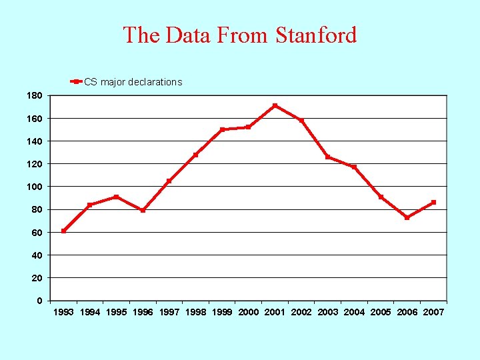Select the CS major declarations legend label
coord(133,82)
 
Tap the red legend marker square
coord(77,82)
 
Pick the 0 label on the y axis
coord(39,301)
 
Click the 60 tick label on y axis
coord(37,233)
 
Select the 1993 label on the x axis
coord(63,312)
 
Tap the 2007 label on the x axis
coord(433,312)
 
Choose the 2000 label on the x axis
coord(248,312)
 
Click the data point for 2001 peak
coord(275,105)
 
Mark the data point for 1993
coord(63,231)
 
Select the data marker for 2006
coord(407,217)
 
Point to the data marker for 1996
coord(143,210)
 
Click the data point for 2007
coord(433,202)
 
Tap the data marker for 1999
coord(222,129)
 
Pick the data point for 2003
coord(327,157)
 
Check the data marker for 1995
coord(116,197)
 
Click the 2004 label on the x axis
coord(354,312)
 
